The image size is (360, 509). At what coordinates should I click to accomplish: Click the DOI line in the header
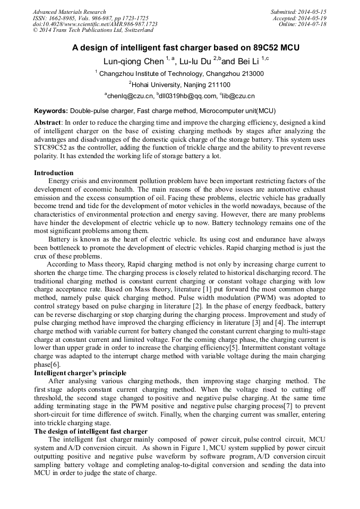pos(95,24)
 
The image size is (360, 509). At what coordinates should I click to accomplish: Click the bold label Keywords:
pos(51,111)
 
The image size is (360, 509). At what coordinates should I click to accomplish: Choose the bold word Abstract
pos(48,122)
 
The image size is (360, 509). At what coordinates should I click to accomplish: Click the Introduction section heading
pos(54,173)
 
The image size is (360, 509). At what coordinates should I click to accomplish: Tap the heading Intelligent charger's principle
pos(80,373)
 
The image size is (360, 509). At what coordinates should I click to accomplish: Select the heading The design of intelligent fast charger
pos(91,432)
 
